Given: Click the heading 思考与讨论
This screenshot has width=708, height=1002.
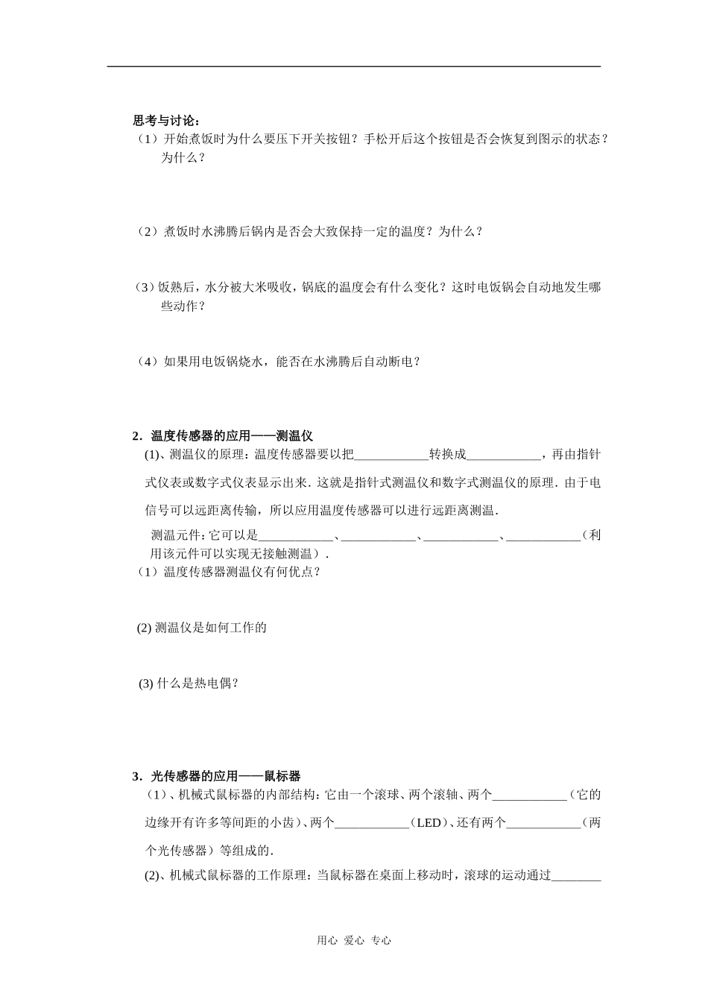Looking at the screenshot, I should click(166, 120).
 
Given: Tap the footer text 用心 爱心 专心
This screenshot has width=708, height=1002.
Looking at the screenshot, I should click(354, 940).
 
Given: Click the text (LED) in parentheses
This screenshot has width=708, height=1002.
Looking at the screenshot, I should click(429, 823).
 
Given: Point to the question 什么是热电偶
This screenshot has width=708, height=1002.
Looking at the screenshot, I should click(189, 683).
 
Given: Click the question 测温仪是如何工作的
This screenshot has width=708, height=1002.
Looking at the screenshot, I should click(202, 627).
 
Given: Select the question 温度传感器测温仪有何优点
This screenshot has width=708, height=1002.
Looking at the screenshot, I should click(227, 572).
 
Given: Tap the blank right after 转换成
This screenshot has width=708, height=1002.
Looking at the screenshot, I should click(503, 455).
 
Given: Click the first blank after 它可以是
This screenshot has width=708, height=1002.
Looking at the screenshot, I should click(295, 535).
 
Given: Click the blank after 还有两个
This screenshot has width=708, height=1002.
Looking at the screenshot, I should click(543, 823).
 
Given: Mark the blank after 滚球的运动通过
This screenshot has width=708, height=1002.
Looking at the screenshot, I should click(575, 876).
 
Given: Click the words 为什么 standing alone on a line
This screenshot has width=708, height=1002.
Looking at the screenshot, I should click(183, 157).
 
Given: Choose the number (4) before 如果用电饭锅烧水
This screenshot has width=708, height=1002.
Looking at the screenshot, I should click(148, 362).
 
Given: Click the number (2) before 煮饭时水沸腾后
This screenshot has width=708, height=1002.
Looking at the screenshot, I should click(148, 231).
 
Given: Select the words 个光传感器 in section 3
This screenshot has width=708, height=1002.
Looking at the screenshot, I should click(175, 850).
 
